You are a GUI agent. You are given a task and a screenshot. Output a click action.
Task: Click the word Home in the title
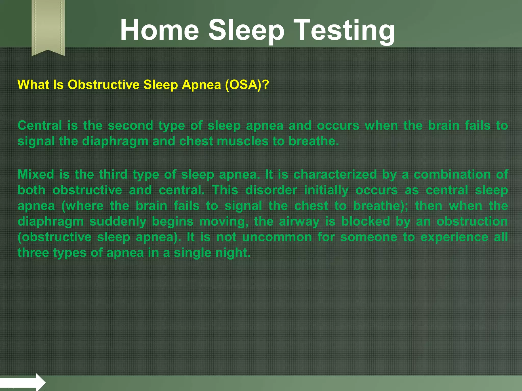[159, 30]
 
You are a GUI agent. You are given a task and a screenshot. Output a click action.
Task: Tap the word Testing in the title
[344, 30]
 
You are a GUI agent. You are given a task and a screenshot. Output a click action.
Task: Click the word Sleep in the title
[246, 30]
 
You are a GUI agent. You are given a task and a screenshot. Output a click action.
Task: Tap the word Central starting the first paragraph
[40, 125]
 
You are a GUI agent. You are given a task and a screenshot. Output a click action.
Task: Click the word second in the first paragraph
[130, 125]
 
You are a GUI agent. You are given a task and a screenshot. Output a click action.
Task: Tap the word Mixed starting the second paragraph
[36, 175]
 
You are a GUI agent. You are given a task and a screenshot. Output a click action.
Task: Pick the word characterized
[335, 175]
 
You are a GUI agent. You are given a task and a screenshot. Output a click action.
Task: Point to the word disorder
[271, 190]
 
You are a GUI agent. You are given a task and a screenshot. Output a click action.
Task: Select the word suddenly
[118, 221]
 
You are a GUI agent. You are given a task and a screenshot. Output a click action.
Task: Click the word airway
[299, 221]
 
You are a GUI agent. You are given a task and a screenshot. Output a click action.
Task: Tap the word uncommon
[277, 237]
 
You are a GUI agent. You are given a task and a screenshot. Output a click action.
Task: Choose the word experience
[454, 237]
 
